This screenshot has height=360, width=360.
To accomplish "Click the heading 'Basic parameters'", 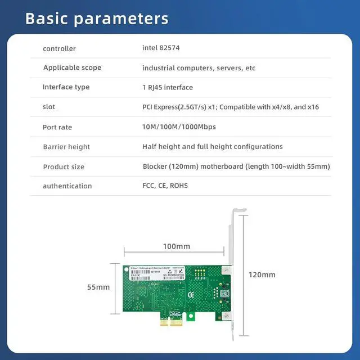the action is (x=97, y=19).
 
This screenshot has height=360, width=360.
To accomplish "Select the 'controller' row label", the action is (x=59, y=49).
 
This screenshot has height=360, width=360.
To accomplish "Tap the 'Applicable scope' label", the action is (x=72, y=68).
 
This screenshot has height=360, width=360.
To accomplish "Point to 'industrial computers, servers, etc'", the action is (x=199, y=68).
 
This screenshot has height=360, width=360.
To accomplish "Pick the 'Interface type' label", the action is (x=66, y=87).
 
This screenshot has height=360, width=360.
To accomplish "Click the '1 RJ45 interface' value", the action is (x=168, y=87).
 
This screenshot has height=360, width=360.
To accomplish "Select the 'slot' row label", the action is (x=49, y=107).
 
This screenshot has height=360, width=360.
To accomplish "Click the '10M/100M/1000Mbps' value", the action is (x=179, y=127).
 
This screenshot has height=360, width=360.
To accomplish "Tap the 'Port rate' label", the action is (x=57, y=127).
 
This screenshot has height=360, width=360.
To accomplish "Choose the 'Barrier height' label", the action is (x=66, y=147).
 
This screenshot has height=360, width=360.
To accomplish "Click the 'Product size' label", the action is (x=64, y=166).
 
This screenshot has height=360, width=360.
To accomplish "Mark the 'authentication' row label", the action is (x=67, y=186).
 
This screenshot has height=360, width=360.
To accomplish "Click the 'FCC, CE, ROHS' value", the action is (x=165, y=185).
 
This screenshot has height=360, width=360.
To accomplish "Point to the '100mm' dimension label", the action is (x=177, y=246).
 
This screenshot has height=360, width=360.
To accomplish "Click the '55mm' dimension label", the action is (x=98, y=287).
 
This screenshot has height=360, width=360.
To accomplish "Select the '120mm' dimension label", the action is (x=262, y=274).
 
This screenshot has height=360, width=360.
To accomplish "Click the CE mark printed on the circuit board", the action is (x=191, y=294).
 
